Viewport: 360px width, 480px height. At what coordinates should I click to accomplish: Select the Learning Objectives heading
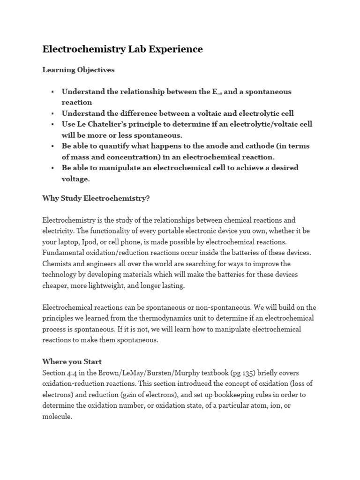78,70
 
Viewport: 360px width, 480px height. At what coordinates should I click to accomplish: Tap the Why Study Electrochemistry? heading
96,198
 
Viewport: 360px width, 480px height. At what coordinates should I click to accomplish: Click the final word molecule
57,416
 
